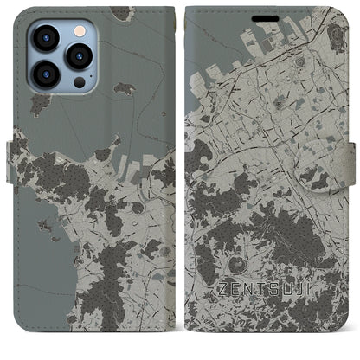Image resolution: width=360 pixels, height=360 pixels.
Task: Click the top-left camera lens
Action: (x=46, y=37)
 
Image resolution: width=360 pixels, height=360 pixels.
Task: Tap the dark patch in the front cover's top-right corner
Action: (x=335, y=35)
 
